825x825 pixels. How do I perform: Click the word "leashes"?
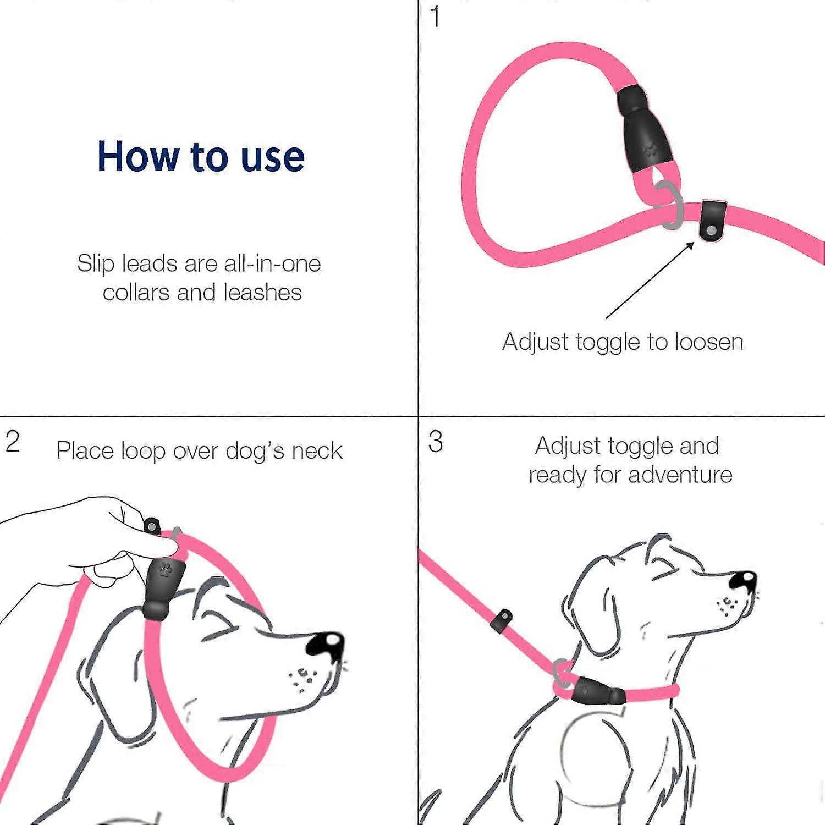pyautogui.click(x=263, y=293)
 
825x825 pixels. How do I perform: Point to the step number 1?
pyautogui.click(x=435, y=17)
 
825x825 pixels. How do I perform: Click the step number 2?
pyautogui.click(x=13, y=441)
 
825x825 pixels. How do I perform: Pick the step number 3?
pyautogui.click(x=436, y=442)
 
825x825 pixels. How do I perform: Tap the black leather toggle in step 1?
pyautogui.click(x=713, y=221)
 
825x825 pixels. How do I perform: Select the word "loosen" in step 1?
pyautogui.click(x=709, y=342)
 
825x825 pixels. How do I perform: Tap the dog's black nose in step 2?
pyautogui.click(x=326, y=644)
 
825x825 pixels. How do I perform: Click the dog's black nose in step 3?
pyautogui.click(x=744, y=580)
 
